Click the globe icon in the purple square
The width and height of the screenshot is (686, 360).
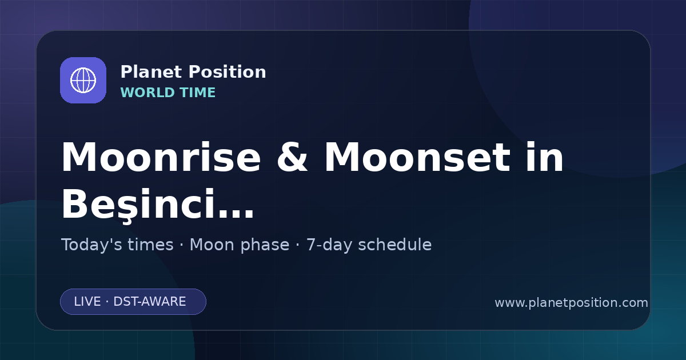point(83,80)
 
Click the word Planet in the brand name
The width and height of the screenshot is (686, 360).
point(151,72)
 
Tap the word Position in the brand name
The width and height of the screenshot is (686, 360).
point(228,72)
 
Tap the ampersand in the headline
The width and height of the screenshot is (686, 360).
point(292,157)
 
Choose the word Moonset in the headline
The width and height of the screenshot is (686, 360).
point(417,157)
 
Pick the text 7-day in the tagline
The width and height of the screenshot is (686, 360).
point(329,245)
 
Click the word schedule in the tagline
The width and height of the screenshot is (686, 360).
point(395,245)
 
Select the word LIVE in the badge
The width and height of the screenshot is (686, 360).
point(87,302)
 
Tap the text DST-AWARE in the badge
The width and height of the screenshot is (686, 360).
point(149,302)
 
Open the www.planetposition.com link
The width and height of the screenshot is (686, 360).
point(571,303)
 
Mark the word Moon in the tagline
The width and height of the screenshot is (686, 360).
point(212,245)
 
